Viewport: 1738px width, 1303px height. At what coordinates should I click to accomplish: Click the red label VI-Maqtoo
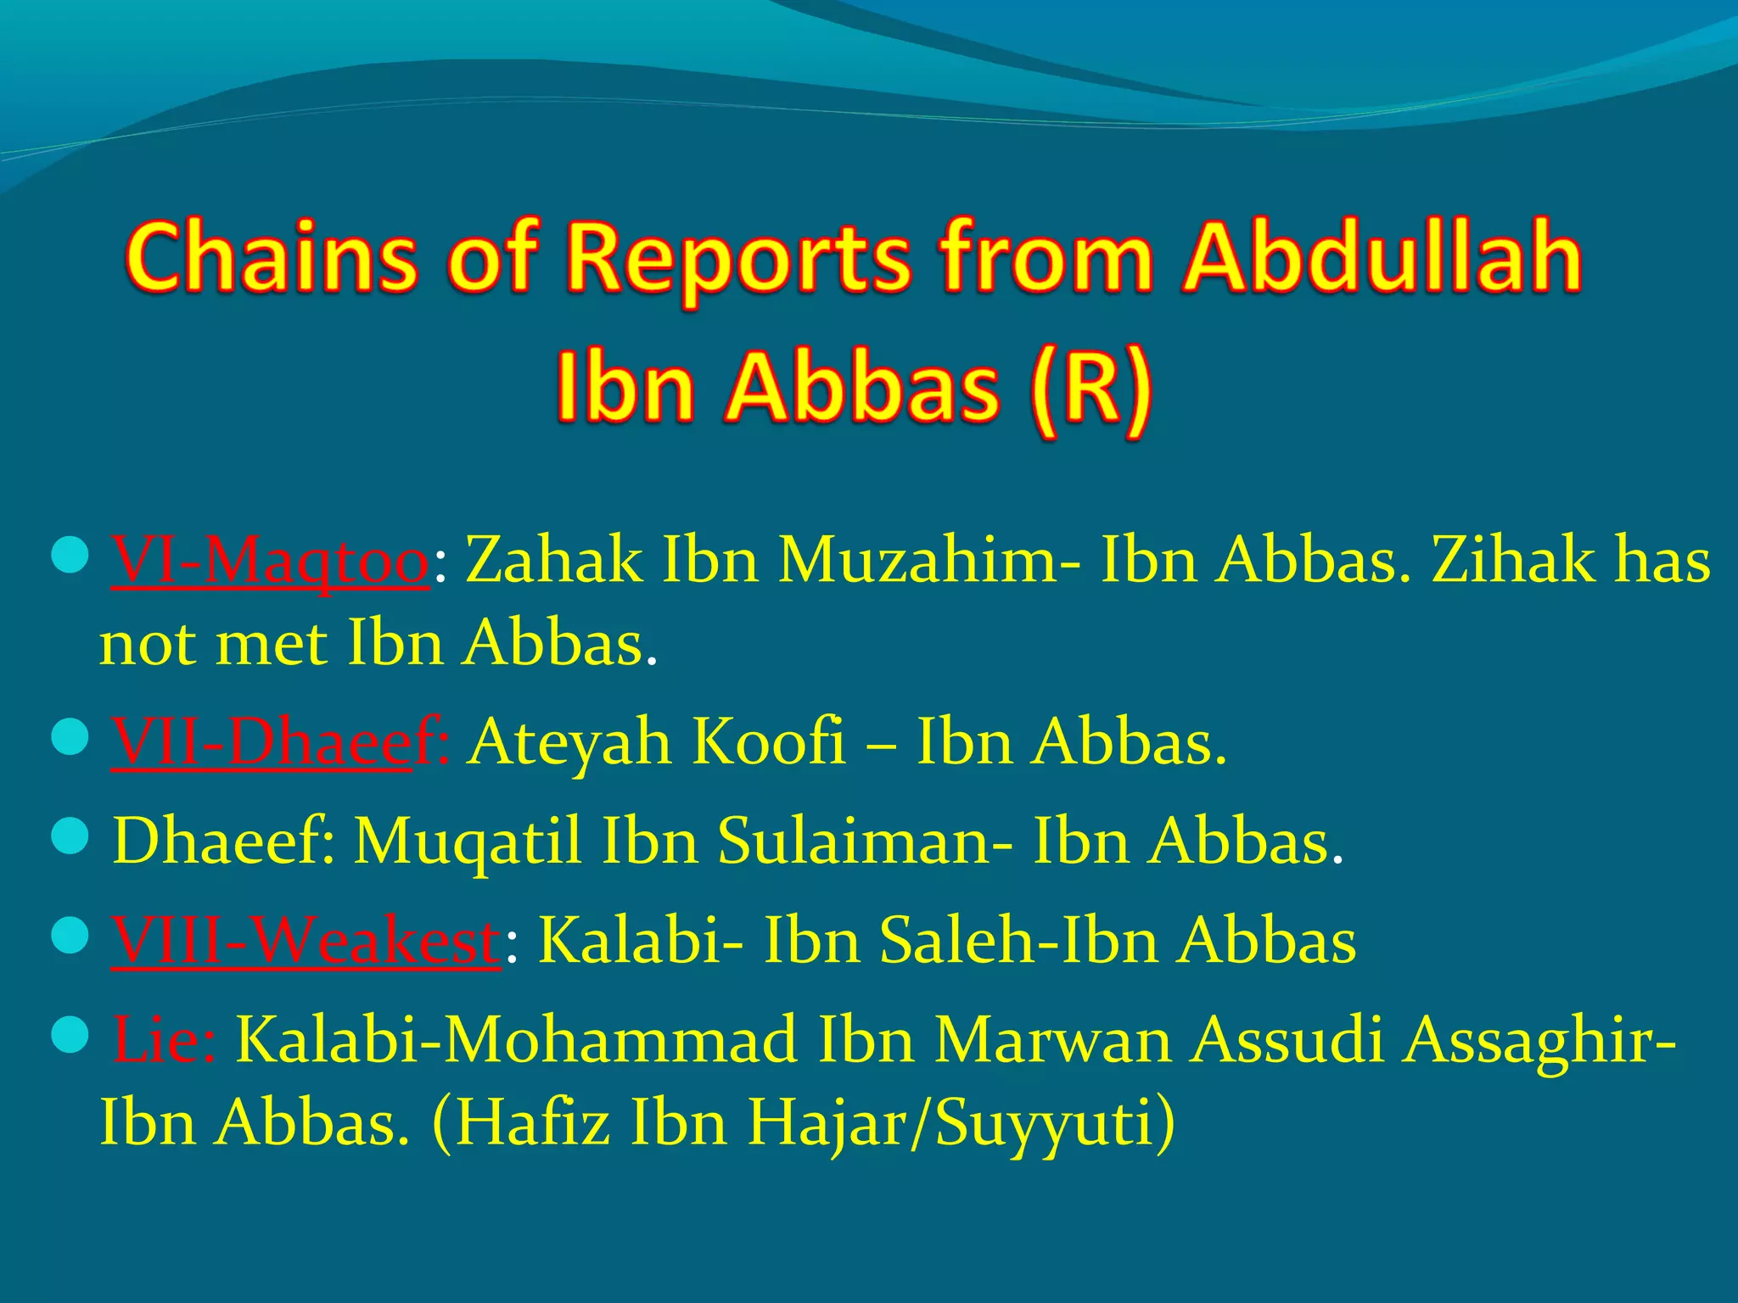pyautogui.click(x=270, y=562)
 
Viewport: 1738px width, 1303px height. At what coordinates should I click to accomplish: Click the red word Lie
pyautogui.click(x=163, y=1039)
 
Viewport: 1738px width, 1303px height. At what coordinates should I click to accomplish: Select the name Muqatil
pyautogui.click(x=467, y=842)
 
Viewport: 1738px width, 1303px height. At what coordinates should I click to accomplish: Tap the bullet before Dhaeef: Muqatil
pyautogui.click(x=70, y=836)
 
